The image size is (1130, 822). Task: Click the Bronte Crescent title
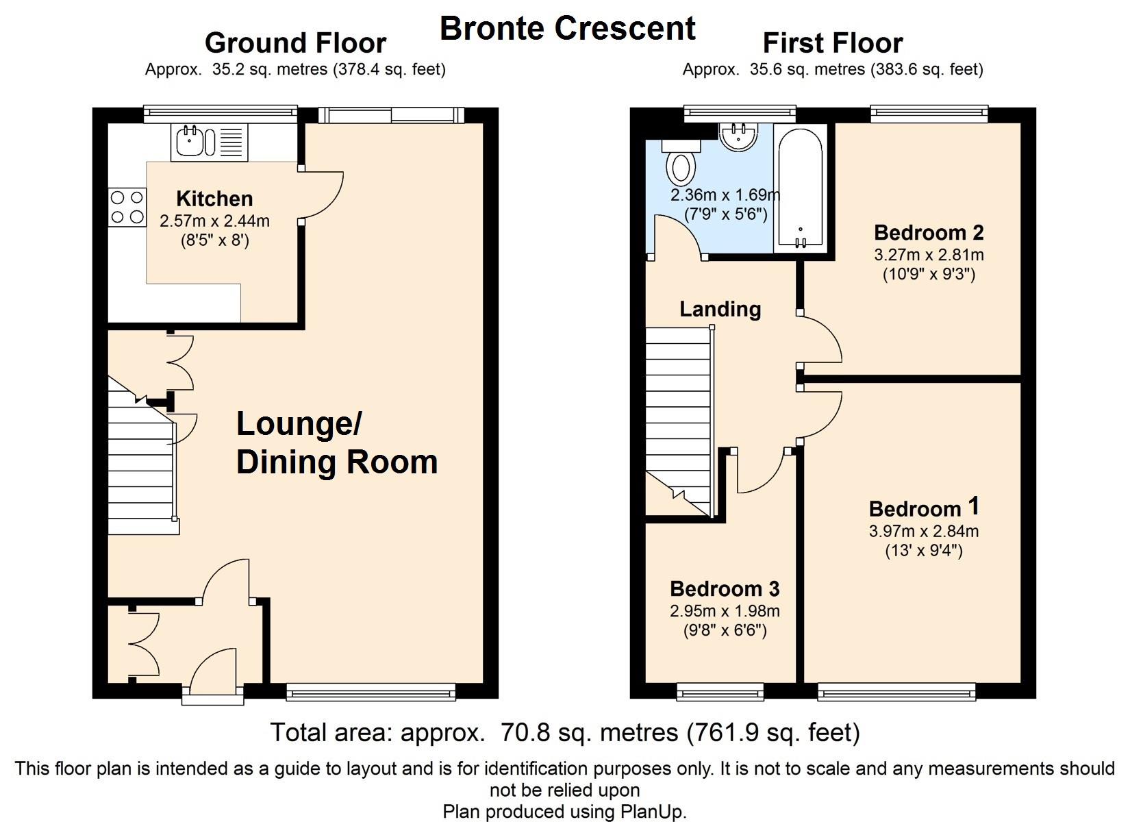(x=568, y=28)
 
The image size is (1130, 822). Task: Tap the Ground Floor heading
(x=296, y=43)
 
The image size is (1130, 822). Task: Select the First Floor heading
(x=833, y=43)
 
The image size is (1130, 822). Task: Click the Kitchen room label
(x=214, y=199)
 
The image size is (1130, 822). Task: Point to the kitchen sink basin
(x=190, y=141)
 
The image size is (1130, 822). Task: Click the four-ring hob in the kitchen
(x=127, y=207)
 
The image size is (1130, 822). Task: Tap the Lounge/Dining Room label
(x=337, y=443)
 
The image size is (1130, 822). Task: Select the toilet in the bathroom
(x=680, y=162)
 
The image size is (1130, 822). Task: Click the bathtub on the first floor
(x=801, y=188)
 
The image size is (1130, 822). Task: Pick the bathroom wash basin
(x=738, y=137)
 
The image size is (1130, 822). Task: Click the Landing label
(x=720, y=310)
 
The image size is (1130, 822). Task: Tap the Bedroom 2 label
(x=929, y=233)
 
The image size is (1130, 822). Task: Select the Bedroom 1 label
(x=924, y=507)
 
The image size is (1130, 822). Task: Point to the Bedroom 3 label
(x=725, y=589)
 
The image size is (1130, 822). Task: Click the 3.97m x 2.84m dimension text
(x=924, y=531)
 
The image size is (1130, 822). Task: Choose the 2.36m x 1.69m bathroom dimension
(x=725, y=195)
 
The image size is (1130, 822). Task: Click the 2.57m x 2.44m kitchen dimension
(x=214, y=221)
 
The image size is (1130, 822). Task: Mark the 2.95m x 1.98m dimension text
(x=725, y=611)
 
